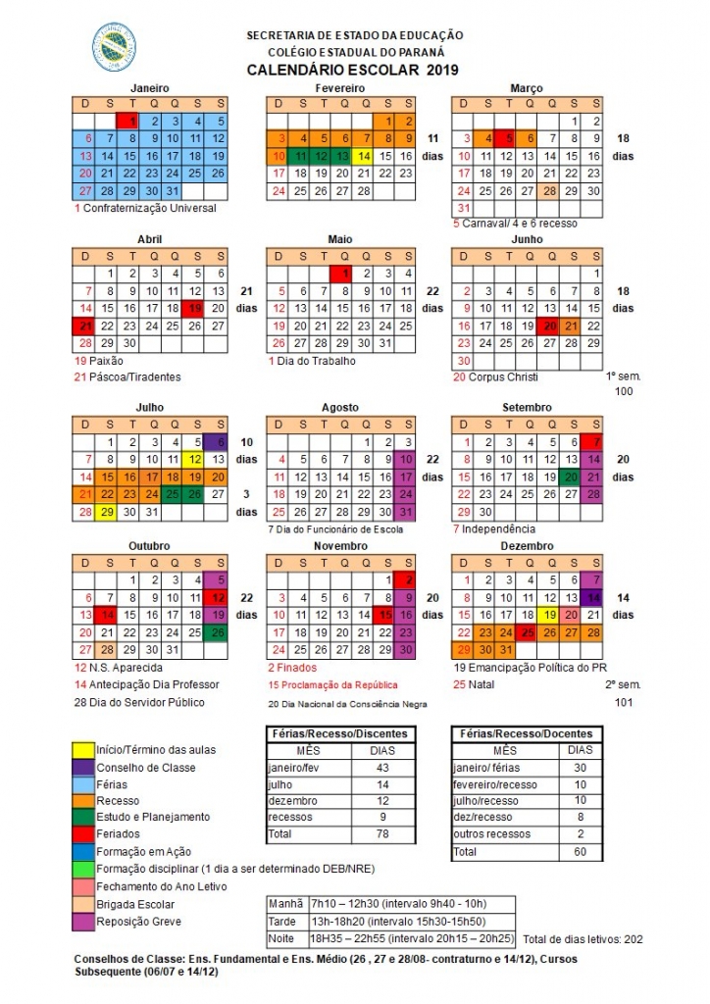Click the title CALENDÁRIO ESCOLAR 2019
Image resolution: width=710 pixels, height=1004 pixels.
click(352, 70)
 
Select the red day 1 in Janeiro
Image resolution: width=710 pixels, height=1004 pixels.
click(131, 121)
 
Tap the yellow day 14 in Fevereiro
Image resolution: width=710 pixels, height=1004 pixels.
click(364, 155)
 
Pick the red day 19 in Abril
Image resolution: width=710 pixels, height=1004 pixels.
click(196, 308)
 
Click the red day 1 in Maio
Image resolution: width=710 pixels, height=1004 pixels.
click(342, 274)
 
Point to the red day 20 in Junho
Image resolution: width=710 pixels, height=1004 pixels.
click(550, 326)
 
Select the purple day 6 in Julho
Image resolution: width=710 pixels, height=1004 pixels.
click(219, 441)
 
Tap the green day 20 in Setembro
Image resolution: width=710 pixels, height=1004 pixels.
click(572, 476)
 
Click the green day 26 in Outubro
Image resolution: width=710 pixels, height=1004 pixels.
click(219, 631)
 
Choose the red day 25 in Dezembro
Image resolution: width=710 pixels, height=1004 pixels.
click(529, 631)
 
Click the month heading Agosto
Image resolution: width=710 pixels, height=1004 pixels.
click(341, 407)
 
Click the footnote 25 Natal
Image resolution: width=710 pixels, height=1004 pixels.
click(475, 684)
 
